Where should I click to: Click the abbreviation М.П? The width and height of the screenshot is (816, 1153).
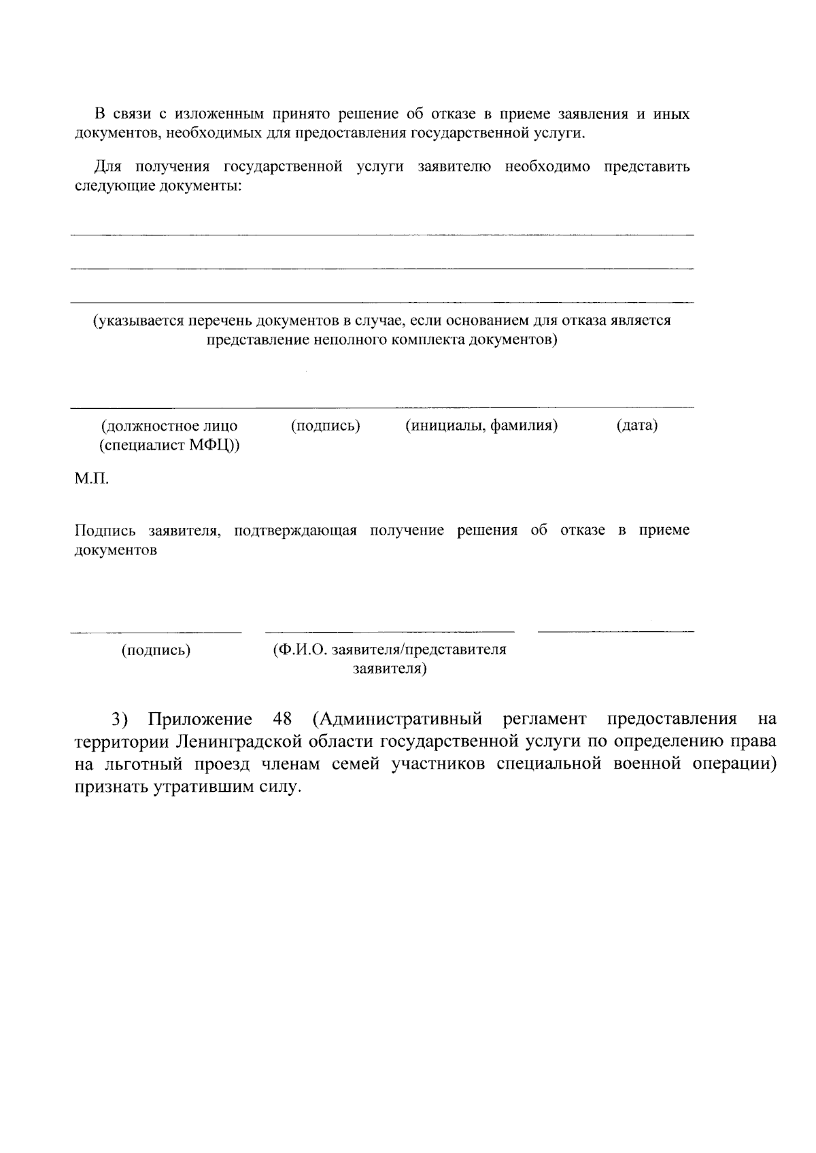point(92,479)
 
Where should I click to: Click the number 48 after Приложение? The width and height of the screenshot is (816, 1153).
point(282,719)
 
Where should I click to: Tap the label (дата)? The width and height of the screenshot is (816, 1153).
point(637,426)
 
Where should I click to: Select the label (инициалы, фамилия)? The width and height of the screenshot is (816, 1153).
point(482,426)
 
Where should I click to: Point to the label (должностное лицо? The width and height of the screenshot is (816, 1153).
point(169,426)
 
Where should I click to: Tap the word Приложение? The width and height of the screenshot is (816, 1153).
point(200,719)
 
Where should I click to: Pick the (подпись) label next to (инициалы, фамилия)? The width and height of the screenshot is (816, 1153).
point(326,426)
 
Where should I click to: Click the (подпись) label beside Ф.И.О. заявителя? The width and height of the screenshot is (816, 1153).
point(156,650)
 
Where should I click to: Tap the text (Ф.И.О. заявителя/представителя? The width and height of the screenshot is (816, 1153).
point(389,650)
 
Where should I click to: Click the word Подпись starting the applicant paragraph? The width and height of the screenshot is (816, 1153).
point(105,531)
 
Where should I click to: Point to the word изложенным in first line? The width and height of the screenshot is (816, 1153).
point(214,114)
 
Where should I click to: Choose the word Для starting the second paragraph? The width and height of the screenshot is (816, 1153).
point(107,167)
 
